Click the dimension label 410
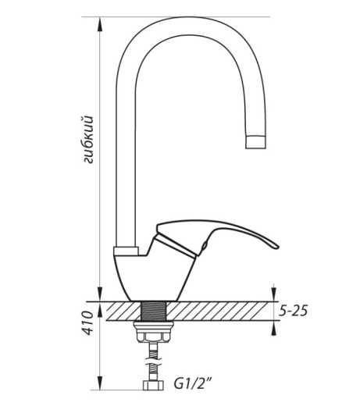87,322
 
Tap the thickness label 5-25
293,311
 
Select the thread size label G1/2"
193,384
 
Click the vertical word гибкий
88,140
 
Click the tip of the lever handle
277,246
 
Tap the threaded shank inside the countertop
154,311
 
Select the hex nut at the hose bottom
154,386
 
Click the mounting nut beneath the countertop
153,332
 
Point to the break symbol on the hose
154,360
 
